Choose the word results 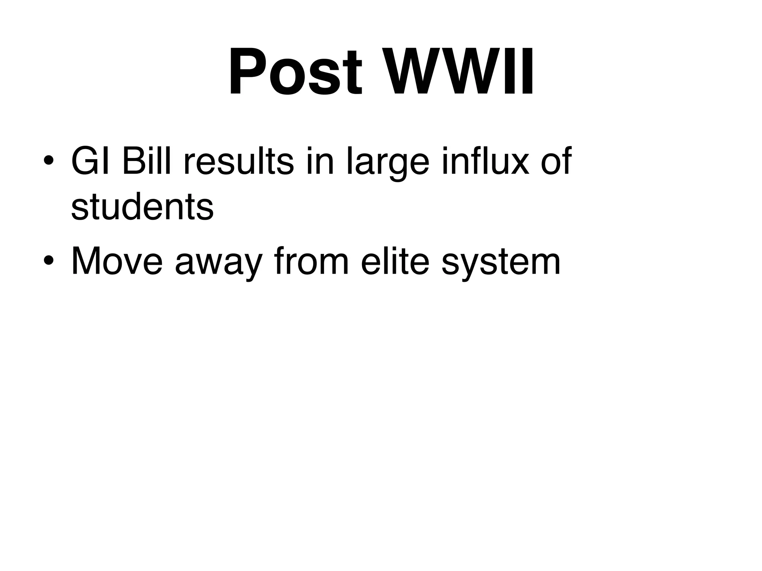(238, 161)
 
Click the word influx (485, 161)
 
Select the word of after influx (556, 161)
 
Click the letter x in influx (518, 164)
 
